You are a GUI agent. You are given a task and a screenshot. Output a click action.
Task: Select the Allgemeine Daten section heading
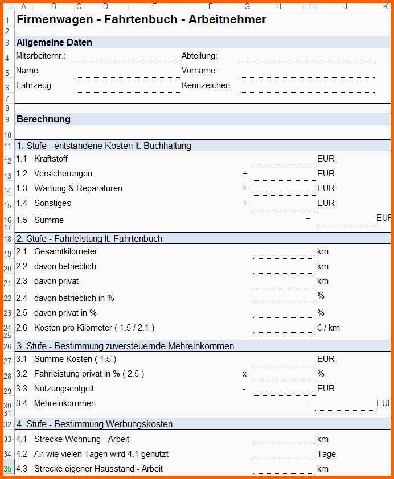click(54, 42)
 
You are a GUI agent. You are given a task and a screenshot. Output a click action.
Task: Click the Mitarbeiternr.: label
click(41, 56)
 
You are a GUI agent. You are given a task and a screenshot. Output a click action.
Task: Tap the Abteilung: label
click(199, 56)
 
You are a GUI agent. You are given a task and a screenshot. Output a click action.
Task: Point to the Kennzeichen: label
click(207, 85)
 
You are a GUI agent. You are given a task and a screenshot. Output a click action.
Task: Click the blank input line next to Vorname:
click(307, 72)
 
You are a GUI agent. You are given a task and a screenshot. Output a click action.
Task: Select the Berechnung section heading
click(43, 119)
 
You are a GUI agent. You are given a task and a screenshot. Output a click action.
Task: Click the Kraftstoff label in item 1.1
click(51, 159)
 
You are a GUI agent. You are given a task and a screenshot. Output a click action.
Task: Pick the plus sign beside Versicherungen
click(245, 174)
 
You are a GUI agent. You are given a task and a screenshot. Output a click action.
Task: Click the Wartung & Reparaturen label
click(78, 188)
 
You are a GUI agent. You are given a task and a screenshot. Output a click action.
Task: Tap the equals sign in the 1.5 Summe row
click(307, 220)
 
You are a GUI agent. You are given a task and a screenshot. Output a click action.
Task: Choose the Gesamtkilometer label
click(65, 251)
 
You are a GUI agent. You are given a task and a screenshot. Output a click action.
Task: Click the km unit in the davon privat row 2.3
click(323, 281)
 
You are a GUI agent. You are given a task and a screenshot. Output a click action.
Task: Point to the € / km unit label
click(329, 328)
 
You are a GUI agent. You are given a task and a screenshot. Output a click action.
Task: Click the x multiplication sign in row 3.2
click(245, 374)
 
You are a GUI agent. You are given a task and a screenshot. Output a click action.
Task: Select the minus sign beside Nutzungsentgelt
click(244, 389)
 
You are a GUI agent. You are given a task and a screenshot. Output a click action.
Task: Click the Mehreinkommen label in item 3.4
click(65, 403)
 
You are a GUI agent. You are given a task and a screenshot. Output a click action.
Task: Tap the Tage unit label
click(326, 454)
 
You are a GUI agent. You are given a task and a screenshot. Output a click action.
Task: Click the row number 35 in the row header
click(7, 469)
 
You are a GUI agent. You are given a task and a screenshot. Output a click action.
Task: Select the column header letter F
click(210, 7)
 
